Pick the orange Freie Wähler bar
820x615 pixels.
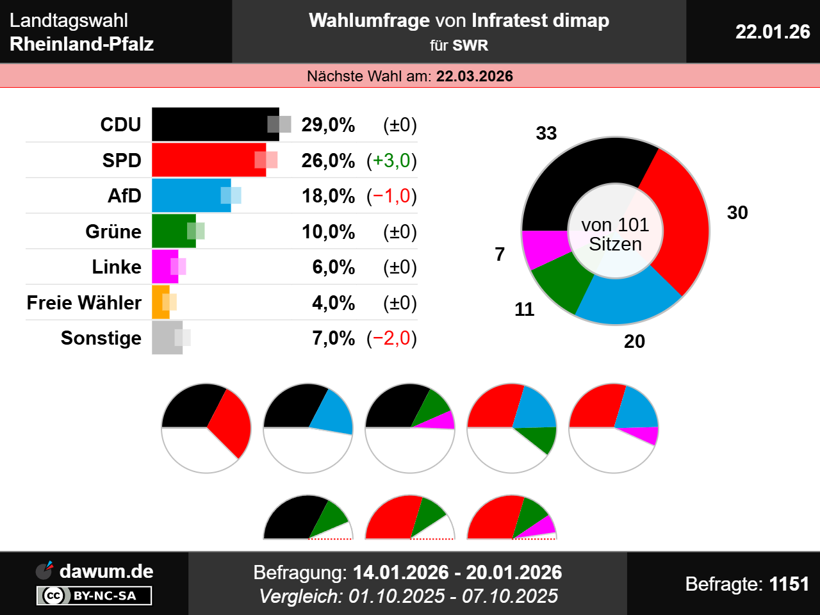coord(160,302)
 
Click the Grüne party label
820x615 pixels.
coord(113,231)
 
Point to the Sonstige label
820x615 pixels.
coord(101,338)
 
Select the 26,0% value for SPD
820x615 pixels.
coord(328,160)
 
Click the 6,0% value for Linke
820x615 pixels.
coord(333,267)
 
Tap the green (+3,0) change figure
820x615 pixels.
coord(391,160)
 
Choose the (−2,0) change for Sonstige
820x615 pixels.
coord(391,338)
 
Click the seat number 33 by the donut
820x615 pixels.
coord(546,133)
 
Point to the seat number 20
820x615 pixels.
coord(634,341)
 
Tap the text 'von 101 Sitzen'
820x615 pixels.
coord(615,234)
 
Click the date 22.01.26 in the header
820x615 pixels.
coord(773,31)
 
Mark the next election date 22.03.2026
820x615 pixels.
coord(475,76)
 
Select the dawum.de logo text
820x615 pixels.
coord(106,571)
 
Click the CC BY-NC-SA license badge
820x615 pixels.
coord(94,596)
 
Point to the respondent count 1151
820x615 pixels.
coord(789,584)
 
